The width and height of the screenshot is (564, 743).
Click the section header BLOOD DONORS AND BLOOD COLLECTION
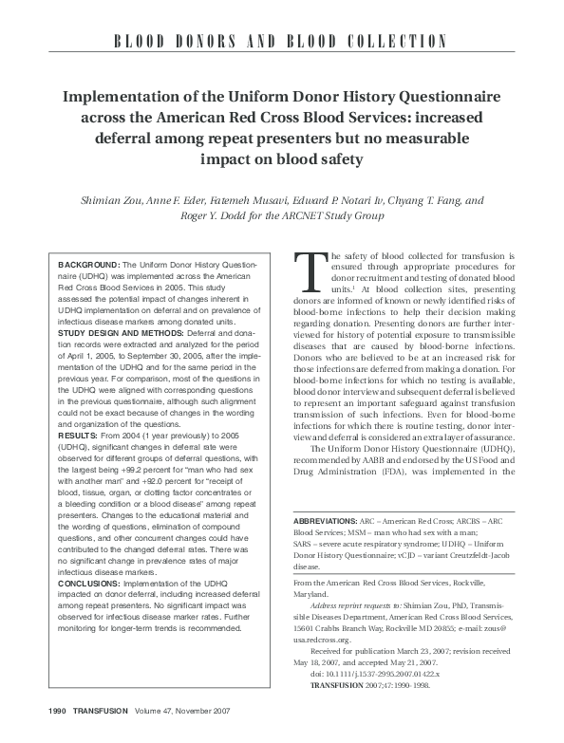click(x=282, y=41)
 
